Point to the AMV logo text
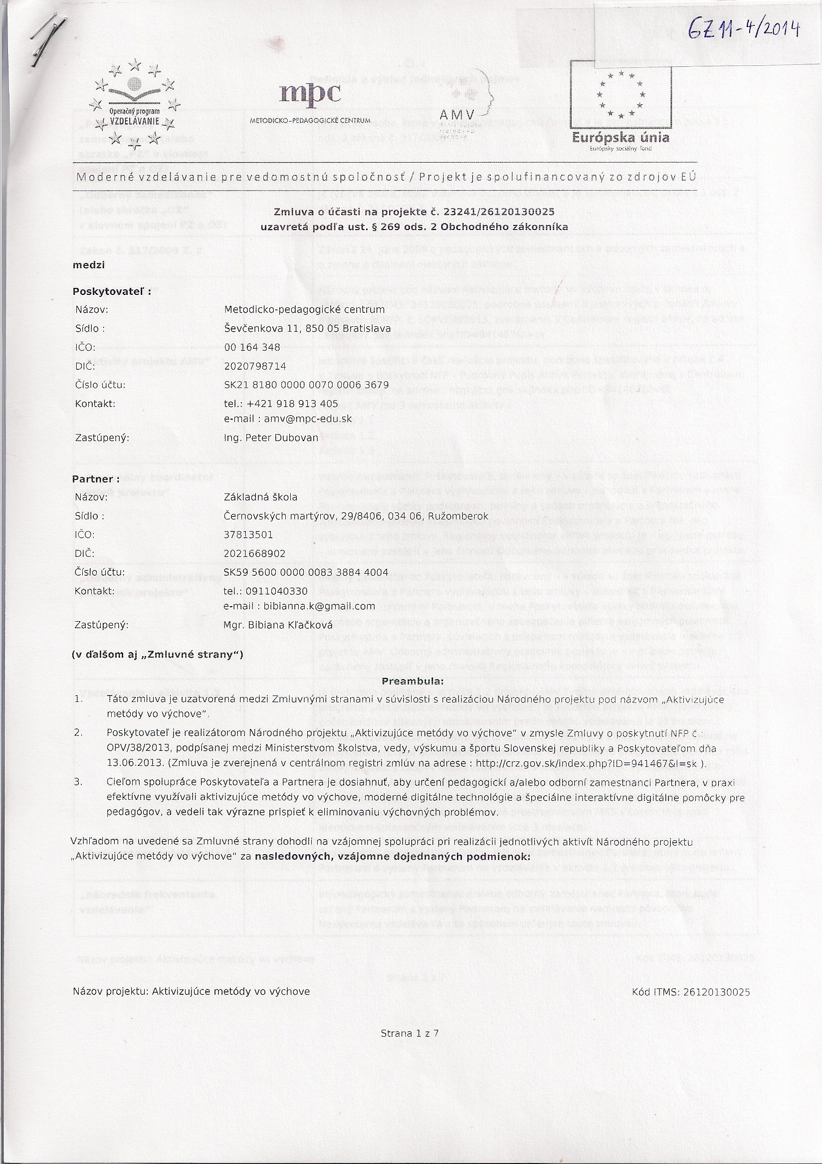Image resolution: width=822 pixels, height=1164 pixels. (456, 115)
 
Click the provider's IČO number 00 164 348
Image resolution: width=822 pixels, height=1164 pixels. (252, 347)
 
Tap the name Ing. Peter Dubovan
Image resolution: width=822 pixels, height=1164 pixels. (271, 438)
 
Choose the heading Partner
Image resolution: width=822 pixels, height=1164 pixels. (96, 478)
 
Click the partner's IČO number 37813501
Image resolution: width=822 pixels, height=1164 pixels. (248, 534)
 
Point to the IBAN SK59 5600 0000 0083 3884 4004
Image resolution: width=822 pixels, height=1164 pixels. (306, 572)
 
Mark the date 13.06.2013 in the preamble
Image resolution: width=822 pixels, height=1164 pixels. (134, 762)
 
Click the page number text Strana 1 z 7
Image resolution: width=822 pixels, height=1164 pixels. (410, 1033)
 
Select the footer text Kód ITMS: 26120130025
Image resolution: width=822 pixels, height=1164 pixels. (691, 992)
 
